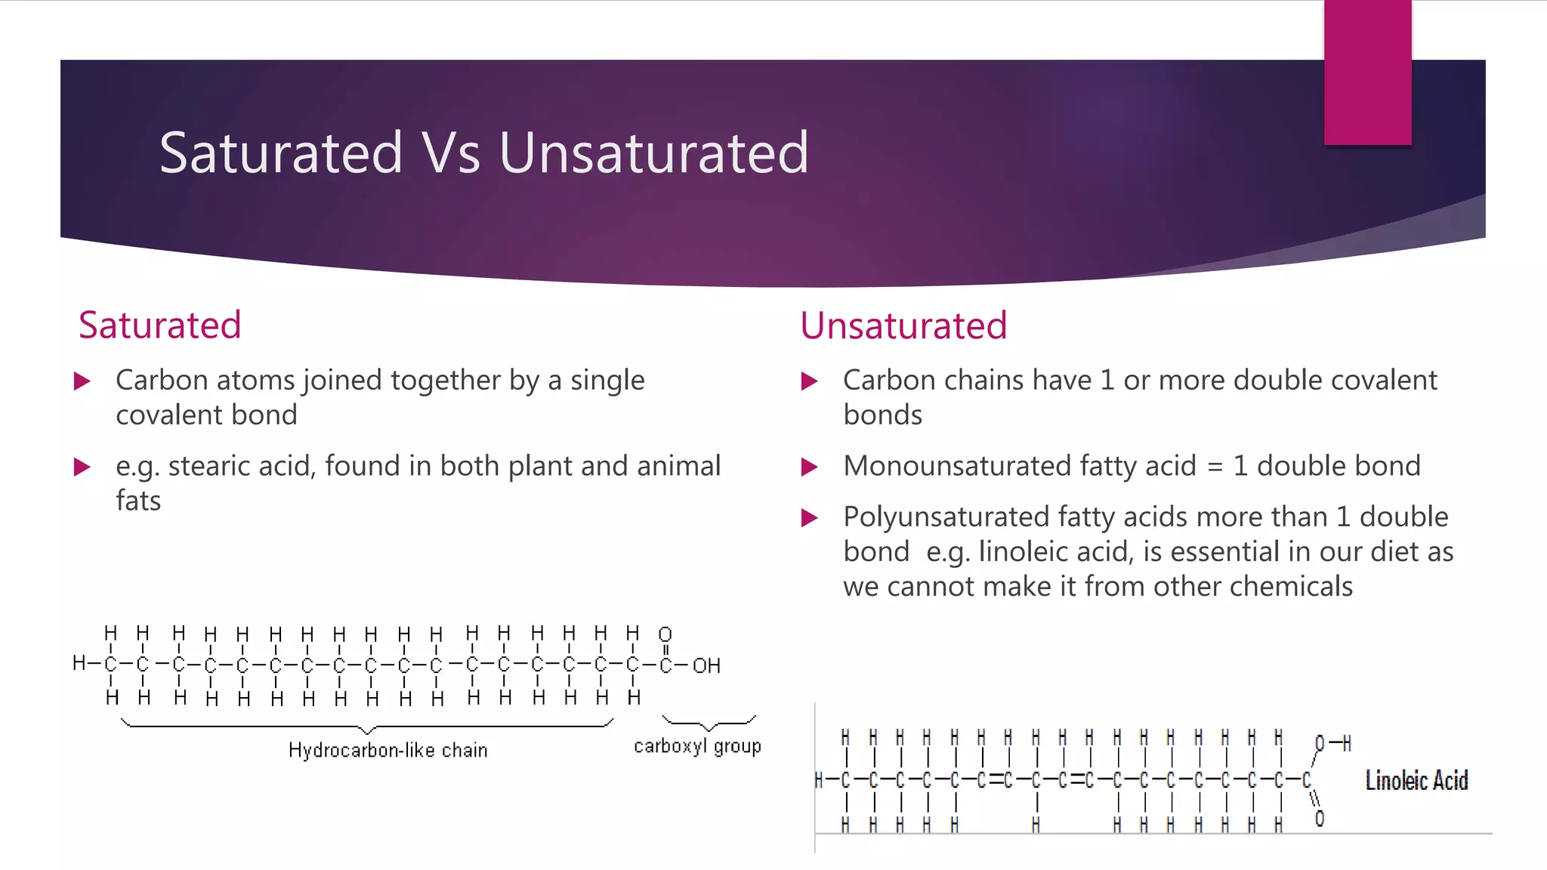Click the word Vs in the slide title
pyautogui.click(x=450, y=153)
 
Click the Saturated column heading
pyautogui.click(x=159, y=325)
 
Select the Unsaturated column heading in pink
pyautogui.click(x=903, y=325)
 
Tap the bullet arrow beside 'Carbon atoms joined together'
pyautogui.click(x=82, y=381)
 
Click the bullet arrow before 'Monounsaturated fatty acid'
pyautogui.click(x=809, y=467)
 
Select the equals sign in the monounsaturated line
pyautogui.click(x=1215, y=467)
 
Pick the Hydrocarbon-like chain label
pyautogui.click(x=388, y=750)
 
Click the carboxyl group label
pyautogui.click(x=696, y=746)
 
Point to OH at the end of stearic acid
pyautogui.click(x=706, y=666)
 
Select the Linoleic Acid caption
pyautogui.click(x=1416, y=780)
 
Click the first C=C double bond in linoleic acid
pyautogui.click(x=995, y=780)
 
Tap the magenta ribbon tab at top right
pyautogui.click(x=1367, y=72)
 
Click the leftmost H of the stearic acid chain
pyautogui.click(x=79, y=664)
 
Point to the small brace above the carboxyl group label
pyautogui.click(x=708, y=723)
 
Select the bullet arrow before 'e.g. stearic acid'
pyautogui.click(x=82, y=467)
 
